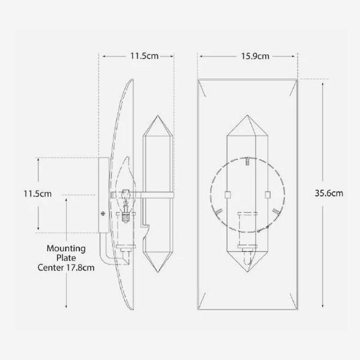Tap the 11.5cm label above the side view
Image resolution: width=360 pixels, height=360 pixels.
coord(144,56)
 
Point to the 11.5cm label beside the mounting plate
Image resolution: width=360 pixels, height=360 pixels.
coord(21,194)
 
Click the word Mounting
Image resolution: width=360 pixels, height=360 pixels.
coord(66,248)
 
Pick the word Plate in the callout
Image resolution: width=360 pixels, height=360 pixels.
coord(66,258)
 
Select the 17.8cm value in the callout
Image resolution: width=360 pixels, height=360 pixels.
coord(81,268)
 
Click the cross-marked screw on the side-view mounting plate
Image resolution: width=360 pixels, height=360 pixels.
coord(103,213)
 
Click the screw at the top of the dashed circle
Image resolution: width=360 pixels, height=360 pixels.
coord(247,160)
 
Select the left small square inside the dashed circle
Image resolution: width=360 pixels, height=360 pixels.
coord(227,194)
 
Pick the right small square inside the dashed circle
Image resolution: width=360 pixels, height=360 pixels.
coord(267,194)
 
